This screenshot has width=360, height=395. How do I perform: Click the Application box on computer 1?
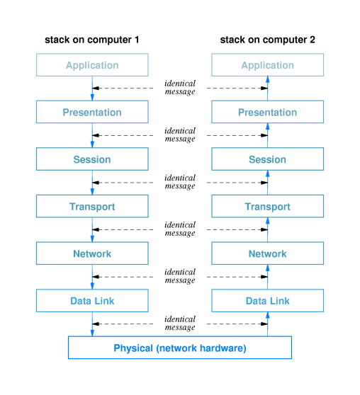coord(92,65)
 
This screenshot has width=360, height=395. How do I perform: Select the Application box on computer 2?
coord(268,65)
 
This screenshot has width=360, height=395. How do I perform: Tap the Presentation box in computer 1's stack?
coord(92,112)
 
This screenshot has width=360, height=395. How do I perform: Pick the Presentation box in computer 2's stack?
coord(268,112)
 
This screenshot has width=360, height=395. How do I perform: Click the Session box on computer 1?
coord(92,159)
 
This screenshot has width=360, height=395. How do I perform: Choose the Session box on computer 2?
coord(268,159)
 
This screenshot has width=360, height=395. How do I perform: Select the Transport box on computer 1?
coord(92,207)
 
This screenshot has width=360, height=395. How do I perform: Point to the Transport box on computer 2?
coord(268,207)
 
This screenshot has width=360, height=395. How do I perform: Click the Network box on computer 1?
coord(92,253)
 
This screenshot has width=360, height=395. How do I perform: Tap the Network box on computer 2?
coord(268,253)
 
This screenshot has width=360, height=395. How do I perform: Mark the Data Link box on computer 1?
coord(92,301)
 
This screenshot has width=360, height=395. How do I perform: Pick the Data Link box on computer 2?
coord(268,301)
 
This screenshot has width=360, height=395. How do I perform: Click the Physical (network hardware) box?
coord(180,348)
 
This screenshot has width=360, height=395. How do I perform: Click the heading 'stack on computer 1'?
coord(92,40)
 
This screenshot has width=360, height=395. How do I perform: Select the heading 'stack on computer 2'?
coord(268,40)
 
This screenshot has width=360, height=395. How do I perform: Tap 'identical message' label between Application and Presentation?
coord(180,88)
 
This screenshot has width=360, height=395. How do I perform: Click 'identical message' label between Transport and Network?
coord(180,229)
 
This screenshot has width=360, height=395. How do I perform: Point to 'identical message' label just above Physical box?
coord(180,324)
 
